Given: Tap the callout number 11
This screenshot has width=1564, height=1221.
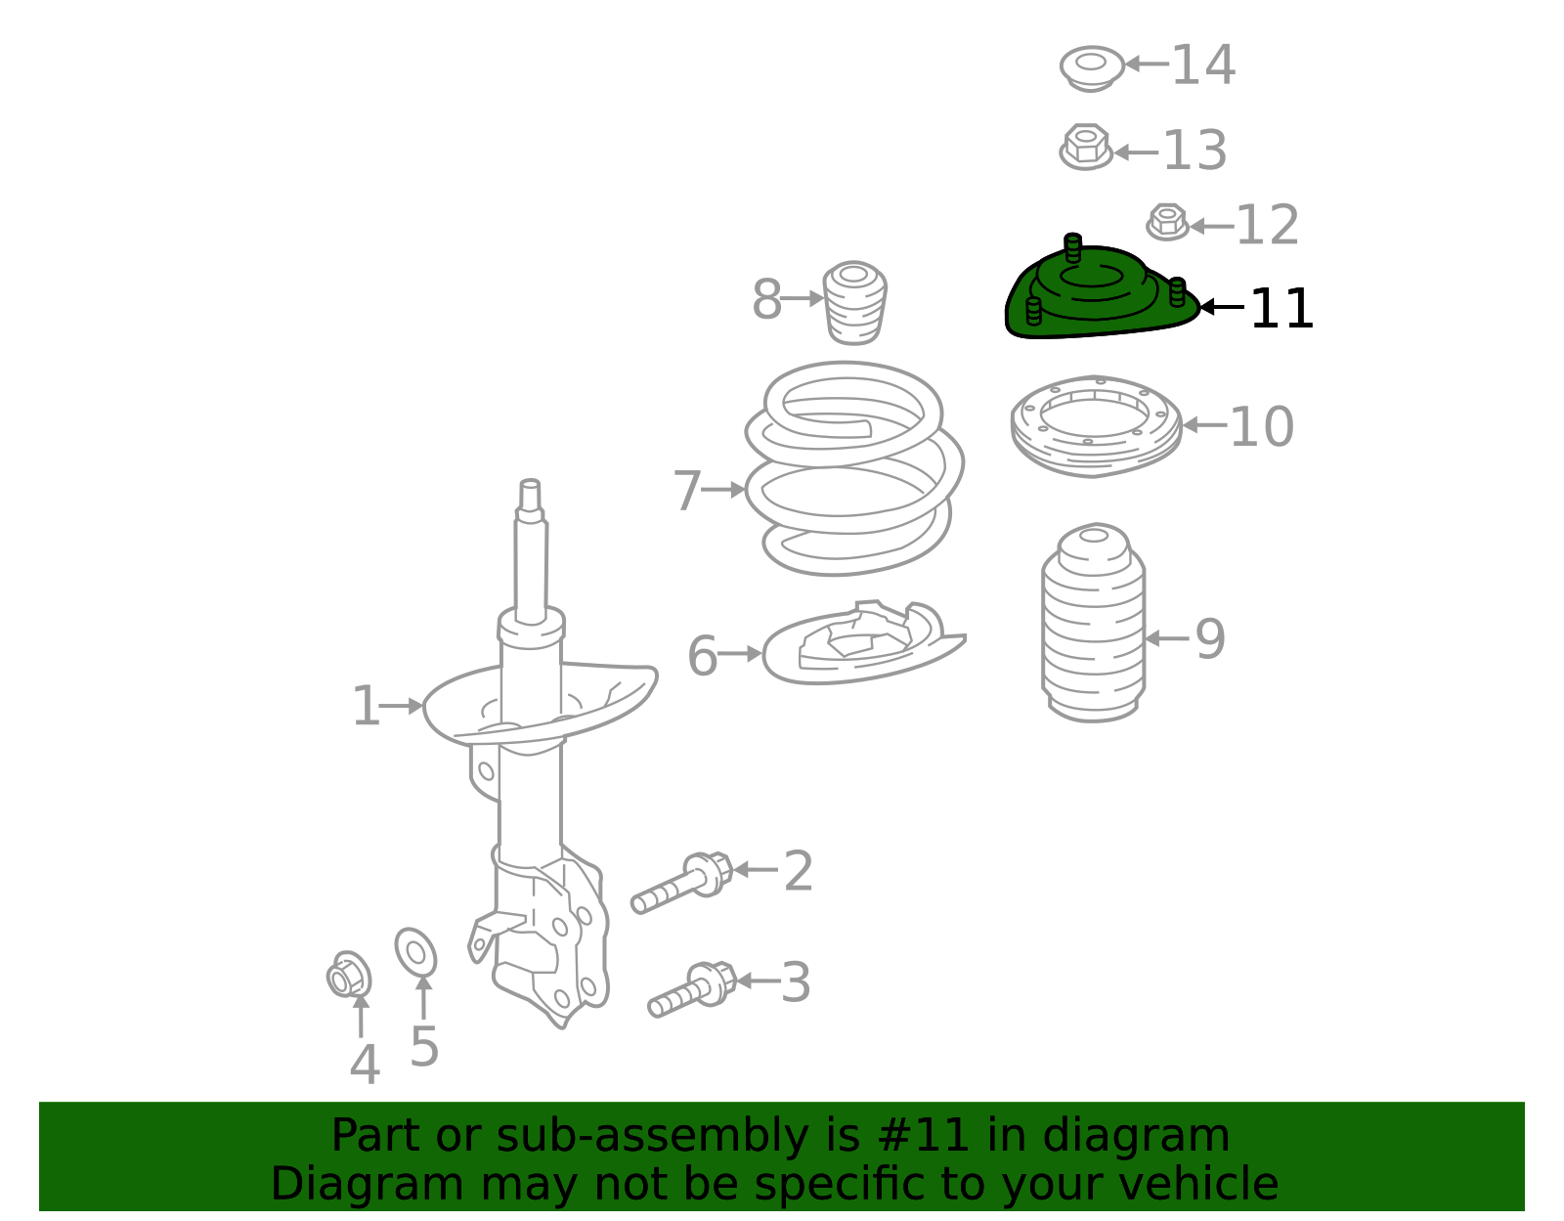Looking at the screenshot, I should pyautogui.click(x=1282, y=309).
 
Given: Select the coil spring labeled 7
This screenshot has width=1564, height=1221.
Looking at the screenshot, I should pyautogui.click(x=852, y=469).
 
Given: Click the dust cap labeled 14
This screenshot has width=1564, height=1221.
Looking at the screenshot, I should pyautogui.click(x=1091, y=67).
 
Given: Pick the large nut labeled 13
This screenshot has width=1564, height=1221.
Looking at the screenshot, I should pyautogui.click(x=1085, y=148).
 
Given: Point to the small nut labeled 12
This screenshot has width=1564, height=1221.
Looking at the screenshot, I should pyautogui.click(x=1167, y=222).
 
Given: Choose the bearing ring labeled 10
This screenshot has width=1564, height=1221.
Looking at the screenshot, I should pyautogui.click(x=1095, y=426).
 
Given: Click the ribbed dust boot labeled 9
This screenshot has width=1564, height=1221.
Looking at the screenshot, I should pyautogui.click(x=1093, y=626).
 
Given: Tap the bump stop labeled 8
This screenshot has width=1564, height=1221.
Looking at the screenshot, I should pyautogui.click(x=855, y=302).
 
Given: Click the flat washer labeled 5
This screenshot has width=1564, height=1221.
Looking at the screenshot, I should pyautogui.click(x=415, y=952).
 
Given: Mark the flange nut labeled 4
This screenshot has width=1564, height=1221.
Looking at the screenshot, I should pyautogui.click(x=348, y=976).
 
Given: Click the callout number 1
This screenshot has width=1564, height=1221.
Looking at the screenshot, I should pyautogui.click(x=365, y=707).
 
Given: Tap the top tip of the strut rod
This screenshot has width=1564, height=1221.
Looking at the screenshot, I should pyautogui.click(x=530, y=485).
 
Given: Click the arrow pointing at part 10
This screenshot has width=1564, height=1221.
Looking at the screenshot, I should pyautogui.click(x=1203, y=425).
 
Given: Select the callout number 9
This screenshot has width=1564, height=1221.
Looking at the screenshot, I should pyautogui.click(x=1209, y=639).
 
